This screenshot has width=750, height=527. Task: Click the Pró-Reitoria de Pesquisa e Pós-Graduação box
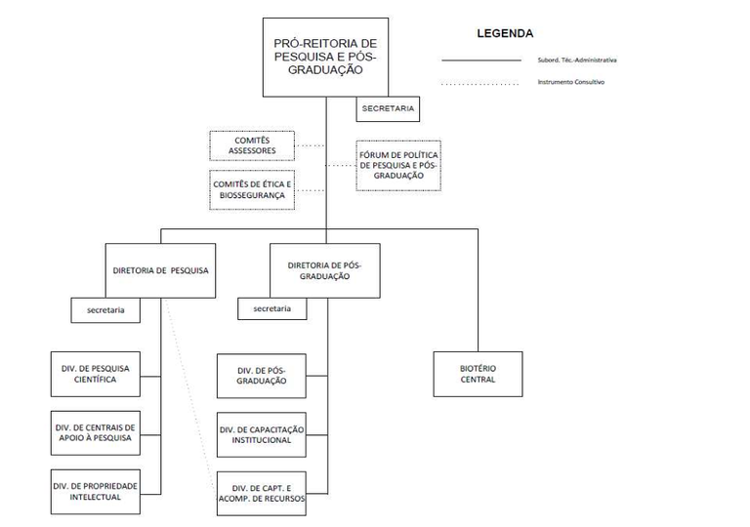pos(325,58)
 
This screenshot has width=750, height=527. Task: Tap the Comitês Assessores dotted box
pos(252,145)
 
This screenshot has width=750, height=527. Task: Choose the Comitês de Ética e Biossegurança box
pos(252,189)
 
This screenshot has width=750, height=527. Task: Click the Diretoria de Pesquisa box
pos(161,269)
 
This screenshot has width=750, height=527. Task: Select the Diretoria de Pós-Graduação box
pos(326,270)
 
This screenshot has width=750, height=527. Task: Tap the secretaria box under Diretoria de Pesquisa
pos(104,310)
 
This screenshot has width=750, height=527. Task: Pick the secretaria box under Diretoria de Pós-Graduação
pos(271,308)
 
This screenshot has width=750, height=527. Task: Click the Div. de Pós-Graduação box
pos(261,376)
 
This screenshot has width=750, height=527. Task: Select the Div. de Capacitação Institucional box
pos(261,434)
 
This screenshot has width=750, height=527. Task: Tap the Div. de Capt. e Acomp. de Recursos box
pos(261,493)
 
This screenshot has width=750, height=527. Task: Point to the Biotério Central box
pos(478,374)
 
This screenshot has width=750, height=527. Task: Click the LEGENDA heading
pos(505,33)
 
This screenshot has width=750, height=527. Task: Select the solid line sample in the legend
pos(480,61)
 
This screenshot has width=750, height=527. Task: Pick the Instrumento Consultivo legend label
pos(571,82)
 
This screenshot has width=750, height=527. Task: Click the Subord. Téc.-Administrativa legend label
pos(577,61)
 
